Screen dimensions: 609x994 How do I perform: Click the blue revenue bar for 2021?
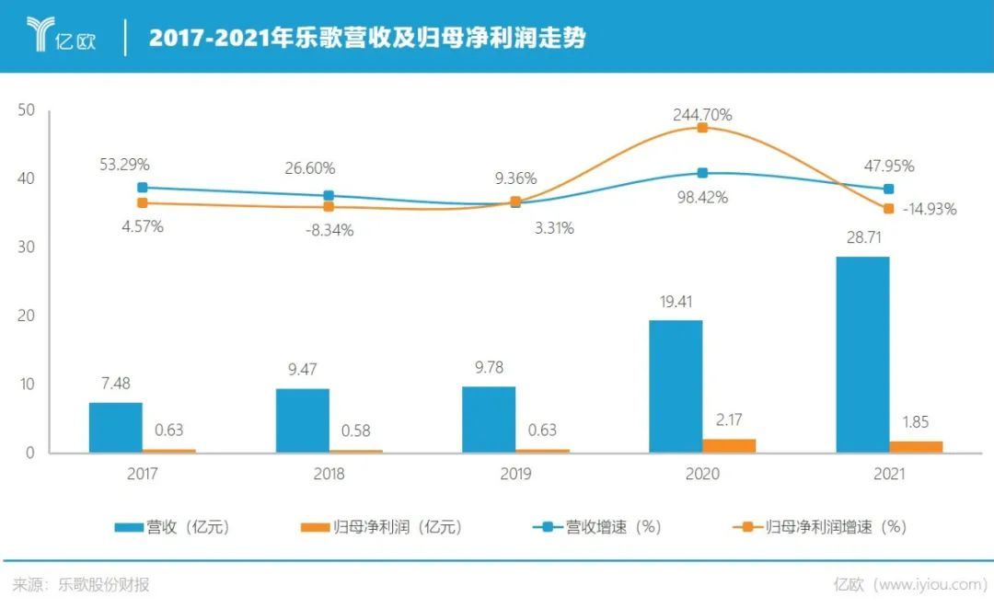click(862, 354)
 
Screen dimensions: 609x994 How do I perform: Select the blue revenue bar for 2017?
click(116, 428)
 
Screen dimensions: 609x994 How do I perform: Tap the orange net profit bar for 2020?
click(729, 445)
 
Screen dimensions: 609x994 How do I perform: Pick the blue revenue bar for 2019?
click(489, 419)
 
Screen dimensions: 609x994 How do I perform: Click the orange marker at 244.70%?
click(702, 128)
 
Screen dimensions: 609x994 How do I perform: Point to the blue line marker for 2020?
click(702, 173)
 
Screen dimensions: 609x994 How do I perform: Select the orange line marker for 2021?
click(888, 209)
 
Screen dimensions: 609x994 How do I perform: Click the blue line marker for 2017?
click(143, 187)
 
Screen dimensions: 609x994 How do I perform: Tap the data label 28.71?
click(862, 238)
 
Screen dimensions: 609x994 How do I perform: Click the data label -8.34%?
click(329, 230)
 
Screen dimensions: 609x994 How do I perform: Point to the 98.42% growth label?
click(701, 197)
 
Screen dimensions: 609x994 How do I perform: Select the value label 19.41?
click(676, 300)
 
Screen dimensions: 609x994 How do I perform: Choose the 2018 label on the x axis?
click(329, 475)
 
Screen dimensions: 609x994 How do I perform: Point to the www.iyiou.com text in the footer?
click(929, 584)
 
